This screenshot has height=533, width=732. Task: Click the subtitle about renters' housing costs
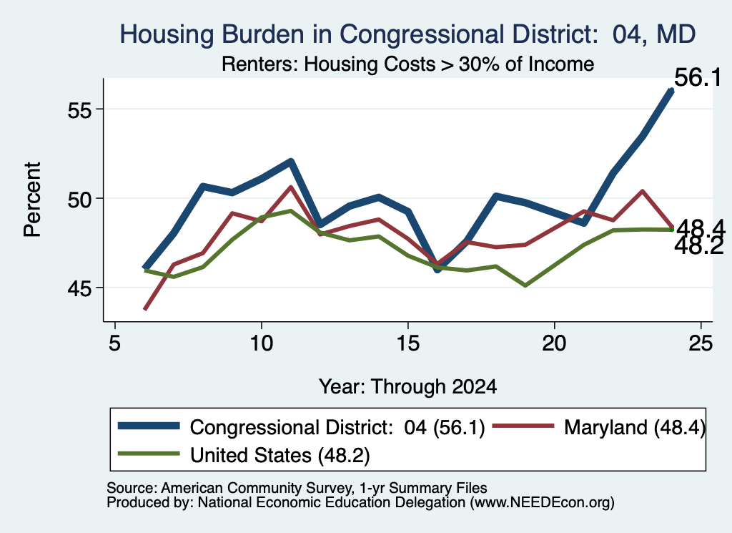tap(408, 64)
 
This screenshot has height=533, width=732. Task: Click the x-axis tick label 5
tap(115, 343)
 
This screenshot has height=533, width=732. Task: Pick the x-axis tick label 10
tap(262, 343)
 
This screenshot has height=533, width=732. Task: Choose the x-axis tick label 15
tap(408, 343)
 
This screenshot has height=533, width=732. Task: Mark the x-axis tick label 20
tap(554, 343)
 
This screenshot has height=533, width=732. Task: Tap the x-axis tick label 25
tap(701, 343)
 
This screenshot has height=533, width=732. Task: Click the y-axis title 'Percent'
tap(32, 200)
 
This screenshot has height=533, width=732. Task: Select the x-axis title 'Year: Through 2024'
tap(408, 387)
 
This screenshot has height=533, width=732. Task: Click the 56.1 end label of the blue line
tap(698, 77)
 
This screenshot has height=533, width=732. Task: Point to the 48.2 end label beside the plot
tap(699, 246)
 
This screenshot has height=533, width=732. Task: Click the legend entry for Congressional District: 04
tap(302, 427)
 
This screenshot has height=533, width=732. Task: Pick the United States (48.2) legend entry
tap(244, 455)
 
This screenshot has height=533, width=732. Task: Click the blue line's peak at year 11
tap(290, 162)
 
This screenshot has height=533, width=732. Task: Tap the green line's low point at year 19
tap(525, 285)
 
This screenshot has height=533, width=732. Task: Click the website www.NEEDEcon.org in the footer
tap(542, 503)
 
